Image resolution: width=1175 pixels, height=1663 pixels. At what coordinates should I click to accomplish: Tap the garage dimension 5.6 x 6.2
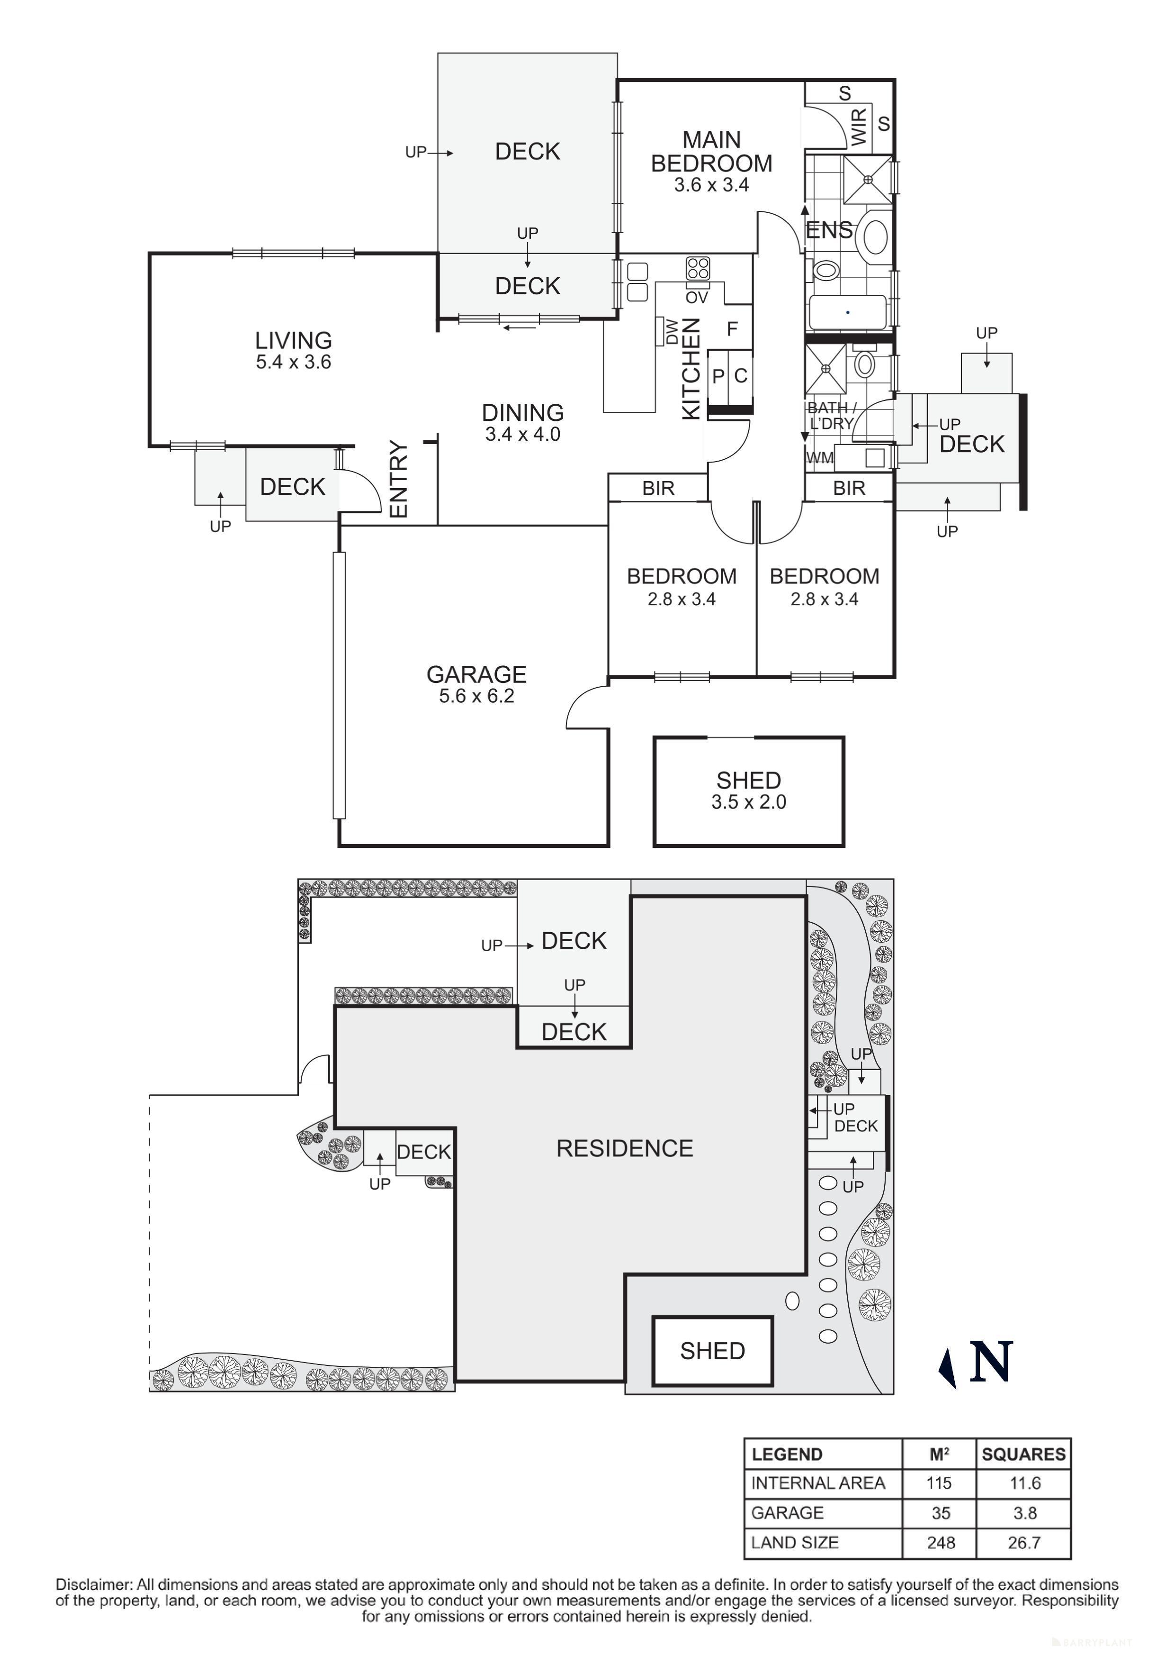coord(476,696)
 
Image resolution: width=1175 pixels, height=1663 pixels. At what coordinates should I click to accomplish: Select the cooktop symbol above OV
coord(698,269)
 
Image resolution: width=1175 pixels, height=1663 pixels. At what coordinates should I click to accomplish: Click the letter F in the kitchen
coord(732,329)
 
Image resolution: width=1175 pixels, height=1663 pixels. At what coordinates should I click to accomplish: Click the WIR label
coord(859,127)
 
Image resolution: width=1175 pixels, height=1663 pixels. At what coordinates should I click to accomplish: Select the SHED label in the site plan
coord(712,1351)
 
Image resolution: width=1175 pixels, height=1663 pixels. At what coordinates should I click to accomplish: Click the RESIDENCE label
coord(624,1148)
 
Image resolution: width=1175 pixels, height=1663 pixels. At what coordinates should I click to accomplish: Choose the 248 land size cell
coord(940,1543)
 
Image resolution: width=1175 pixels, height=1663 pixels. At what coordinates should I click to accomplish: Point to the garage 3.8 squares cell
coord(1024,1513)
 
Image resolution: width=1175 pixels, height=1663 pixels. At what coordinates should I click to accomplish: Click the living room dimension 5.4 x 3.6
coord(293,362)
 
